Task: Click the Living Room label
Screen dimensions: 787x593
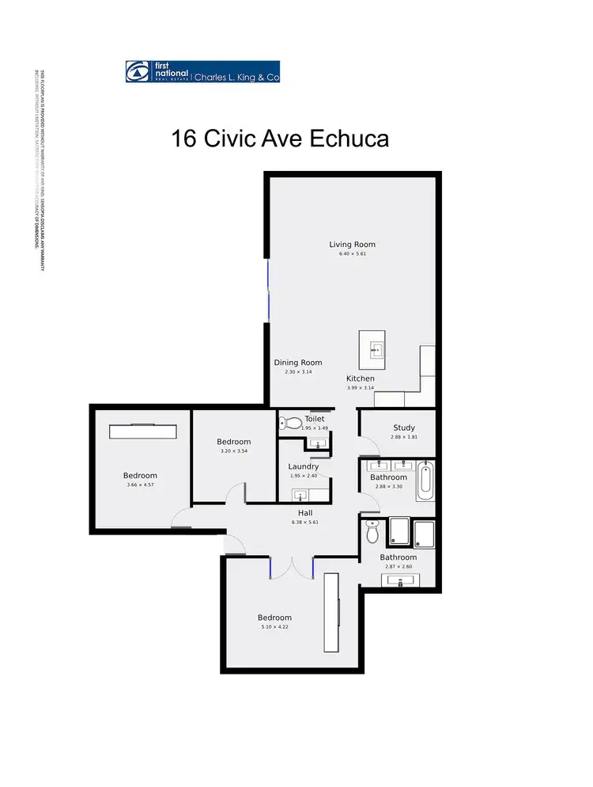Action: coord(352,245)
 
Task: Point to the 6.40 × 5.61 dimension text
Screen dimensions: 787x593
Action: coord(352,254)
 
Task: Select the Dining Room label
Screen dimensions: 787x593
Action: coord(298,363)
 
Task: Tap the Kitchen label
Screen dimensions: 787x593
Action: coord(360,378)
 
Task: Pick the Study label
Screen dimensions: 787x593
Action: coord(403,428)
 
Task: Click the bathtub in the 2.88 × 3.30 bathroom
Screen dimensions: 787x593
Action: coord(425,481)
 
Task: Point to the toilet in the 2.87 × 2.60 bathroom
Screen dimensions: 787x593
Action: coord(373,532)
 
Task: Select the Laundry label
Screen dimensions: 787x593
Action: coord(304,466)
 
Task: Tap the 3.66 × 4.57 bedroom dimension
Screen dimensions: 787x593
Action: coord(140,485)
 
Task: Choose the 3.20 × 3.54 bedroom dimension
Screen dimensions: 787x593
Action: coord(233,451)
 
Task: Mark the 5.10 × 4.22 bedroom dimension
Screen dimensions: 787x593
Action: coord(274,627)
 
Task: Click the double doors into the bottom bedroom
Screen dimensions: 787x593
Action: coord(292,568)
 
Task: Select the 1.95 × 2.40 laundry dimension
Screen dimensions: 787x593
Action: coord(304,476)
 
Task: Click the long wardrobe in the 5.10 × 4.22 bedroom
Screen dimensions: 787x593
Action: coord(331,612)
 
